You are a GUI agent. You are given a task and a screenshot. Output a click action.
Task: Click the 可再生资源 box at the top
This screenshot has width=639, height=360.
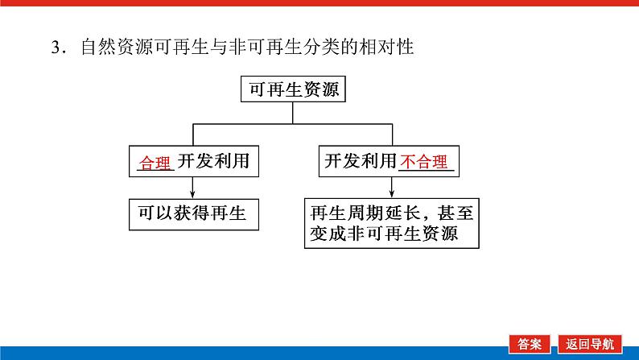293,89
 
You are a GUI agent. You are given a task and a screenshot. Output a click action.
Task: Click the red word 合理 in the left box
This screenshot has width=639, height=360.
156,163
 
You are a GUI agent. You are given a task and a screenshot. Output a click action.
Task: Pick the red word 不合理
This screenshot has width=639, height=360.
426,163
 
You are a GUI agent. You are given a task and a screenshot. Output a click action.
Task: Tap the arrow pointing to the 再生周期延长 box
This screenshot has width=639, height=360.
392,188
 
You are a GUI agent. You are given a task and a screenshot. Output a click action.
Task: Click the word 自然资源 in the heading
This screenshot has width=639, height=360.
110,48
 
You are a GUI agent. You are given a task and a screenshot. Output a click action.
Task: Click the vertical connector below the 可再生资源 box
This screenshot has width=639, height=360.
293,113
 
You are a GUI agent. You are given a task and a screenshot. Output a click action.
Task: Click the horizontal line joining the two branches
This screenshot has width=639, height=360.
293,124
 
